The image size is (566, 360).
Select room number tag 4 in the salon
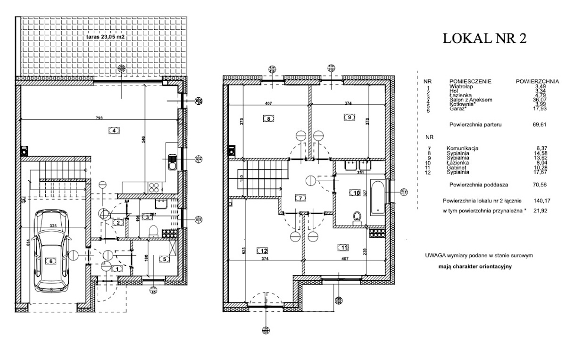tap(112, 131)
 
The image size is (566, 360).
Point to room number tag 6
tap(50, 260)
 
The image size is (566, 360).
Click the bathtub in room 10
tap(378, 196)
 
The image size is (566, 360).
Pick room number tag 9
tap(349, 117)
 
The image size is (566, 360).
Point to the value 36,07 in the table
tap(538, 100)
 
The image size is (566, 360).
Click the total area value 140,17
tap(537, 201)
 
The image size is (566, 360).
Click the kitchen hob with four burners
tap(154, 187)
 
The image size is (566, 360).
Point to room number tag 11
tap(342, 246)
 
